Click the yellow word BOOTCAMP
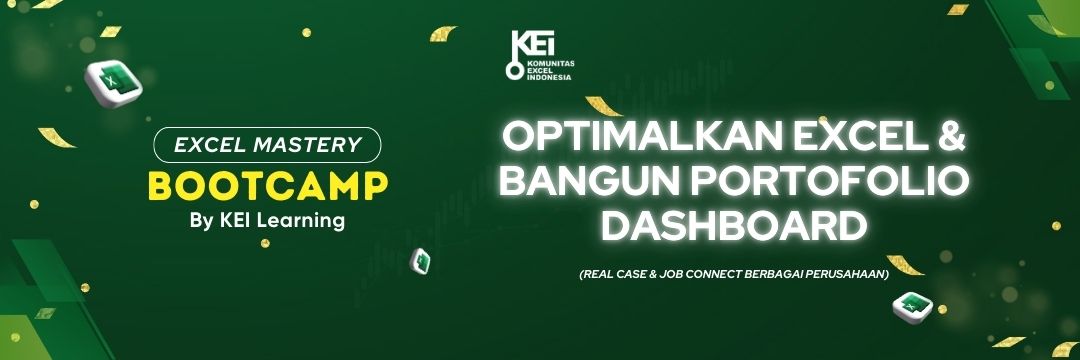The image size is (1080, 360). click(x=268, y=185)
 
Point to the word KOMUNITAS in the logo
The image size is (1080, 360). click(x=550, y=63)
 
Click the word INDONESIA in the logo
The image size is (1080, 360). click(x=549, y=77)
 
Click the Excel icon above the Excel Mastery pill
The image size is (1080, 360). click(x=113, y=83)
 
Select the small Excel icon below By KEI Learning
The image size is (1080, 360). click(x=420, y=262)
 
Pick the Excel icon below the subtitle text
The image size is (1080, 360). click(x=913, y=306)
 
